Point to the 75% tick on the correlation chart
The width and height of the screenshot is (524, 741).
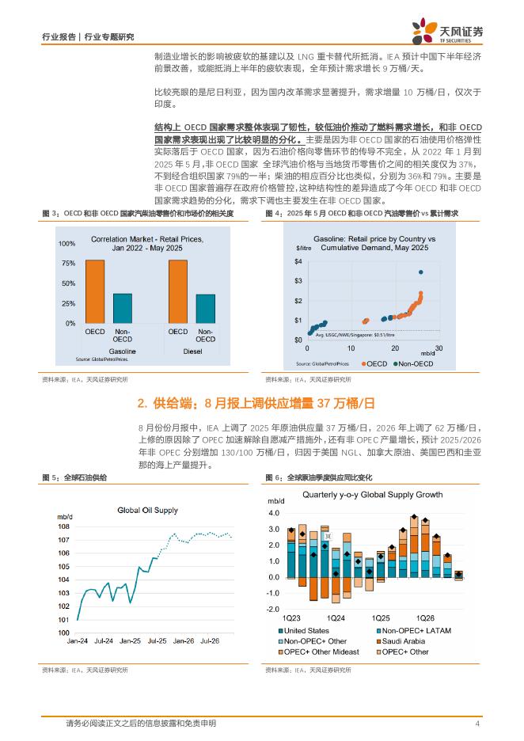tap(69, 263)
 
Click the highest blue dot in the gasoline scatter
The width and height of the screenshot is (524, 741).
tap(420, 272)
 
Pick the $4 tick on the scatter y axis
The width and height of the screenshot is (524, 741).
tap(298, 261)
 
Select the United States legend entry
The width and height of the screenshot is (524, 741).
tap(307, 630)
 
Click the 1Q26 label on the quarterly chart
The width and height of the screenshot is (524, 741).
tap(426, 617)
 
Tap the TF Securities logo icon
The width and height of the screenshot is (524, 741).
tap(421, 32)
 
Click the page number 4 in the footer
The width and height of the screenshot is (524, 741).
tap(477, 724)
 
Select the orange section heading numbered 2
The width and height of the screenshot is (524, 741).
tap(261, 404)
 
